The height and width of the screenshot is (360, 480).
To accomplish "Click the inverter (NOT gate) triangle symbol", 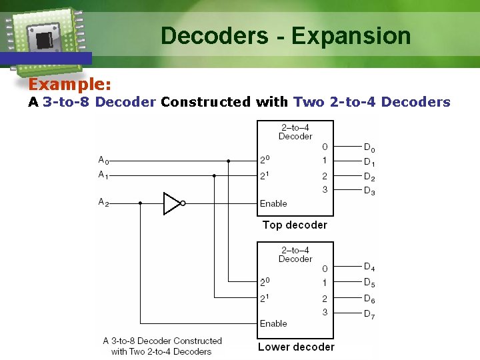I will pyautogui.click(x=172, y=203).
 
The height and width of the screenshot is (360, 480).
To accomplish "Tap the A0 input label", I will pyautogui.click(x=104, y=161).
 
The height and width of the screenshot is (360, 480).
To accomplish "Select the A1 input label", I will pyautogui.click(x=104, y=175).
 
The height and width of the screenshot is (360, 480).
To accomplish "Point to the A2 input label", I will pyautogui.click(x=104, y=203).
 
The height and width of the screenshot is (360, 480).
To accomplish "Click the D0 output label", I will pyautogui.click(x=369, y=147).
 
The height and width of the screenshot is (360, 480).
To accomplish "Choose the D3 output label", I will pyautogui.click(x=369, y=191).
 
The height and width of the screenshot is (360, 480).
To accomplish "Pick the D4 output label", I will pyautogui.click(x=369, y=267).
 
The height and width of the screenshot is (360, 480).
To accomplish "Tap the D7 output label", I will pyautogui.click(x=369, y=314).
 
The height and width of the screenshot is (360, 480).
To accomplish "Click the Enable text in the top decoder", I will pyautogui.click(x=273, y=203).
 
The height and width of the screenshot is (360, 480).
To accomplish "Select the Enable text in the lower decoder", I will pyautogui.click(x=273, y=323).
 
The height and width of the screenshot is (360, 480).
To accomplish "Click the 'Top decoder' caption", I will pyautogui.click(x=295, y=225).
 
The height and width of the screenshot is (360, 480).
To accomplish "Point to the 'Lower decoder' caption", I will pyautogui.click(x=296, y=347).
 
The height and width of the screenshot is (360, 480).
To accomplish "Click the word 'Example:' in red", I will pyautogui.click(x=69, y=85).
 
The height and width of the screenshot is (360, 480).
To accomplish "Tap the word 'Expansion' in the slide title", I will pyautogui.click(x=351, y=35).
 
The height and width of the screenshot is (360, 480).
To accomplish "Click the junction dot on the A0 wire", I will pyautogui.click(x=228, y=161).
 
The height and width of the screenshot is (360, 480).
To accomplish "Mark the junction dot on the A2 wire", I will pyautogui.click(x=140, y=203).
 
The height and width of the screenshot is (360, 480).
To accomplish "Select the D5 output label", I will pyautogui.click(x=369, y=283).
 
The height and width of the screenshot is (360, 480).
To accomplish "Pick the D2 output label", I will pyautogui.click(x=369, y=177).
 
